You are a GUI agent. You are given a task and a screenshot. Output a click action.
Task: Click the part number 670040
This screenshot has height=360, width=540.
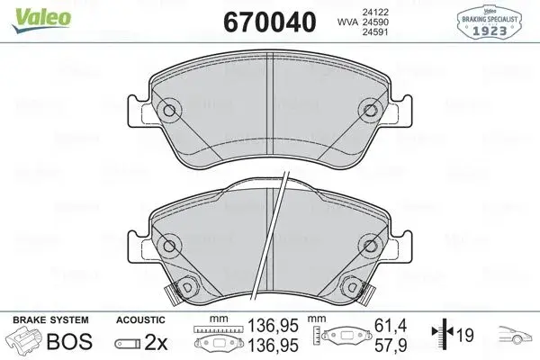pyautogui.click(x=256, y=17)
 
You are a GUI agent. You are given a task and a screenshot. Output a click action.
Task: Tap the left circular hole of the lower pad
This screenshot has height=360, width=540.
pyautogui.click(x=169, y=245)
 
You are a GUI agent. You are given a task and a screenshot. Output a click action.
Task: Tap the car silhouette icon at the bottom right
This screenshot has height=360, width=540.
pyautogui.click(x=510, y=339)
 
